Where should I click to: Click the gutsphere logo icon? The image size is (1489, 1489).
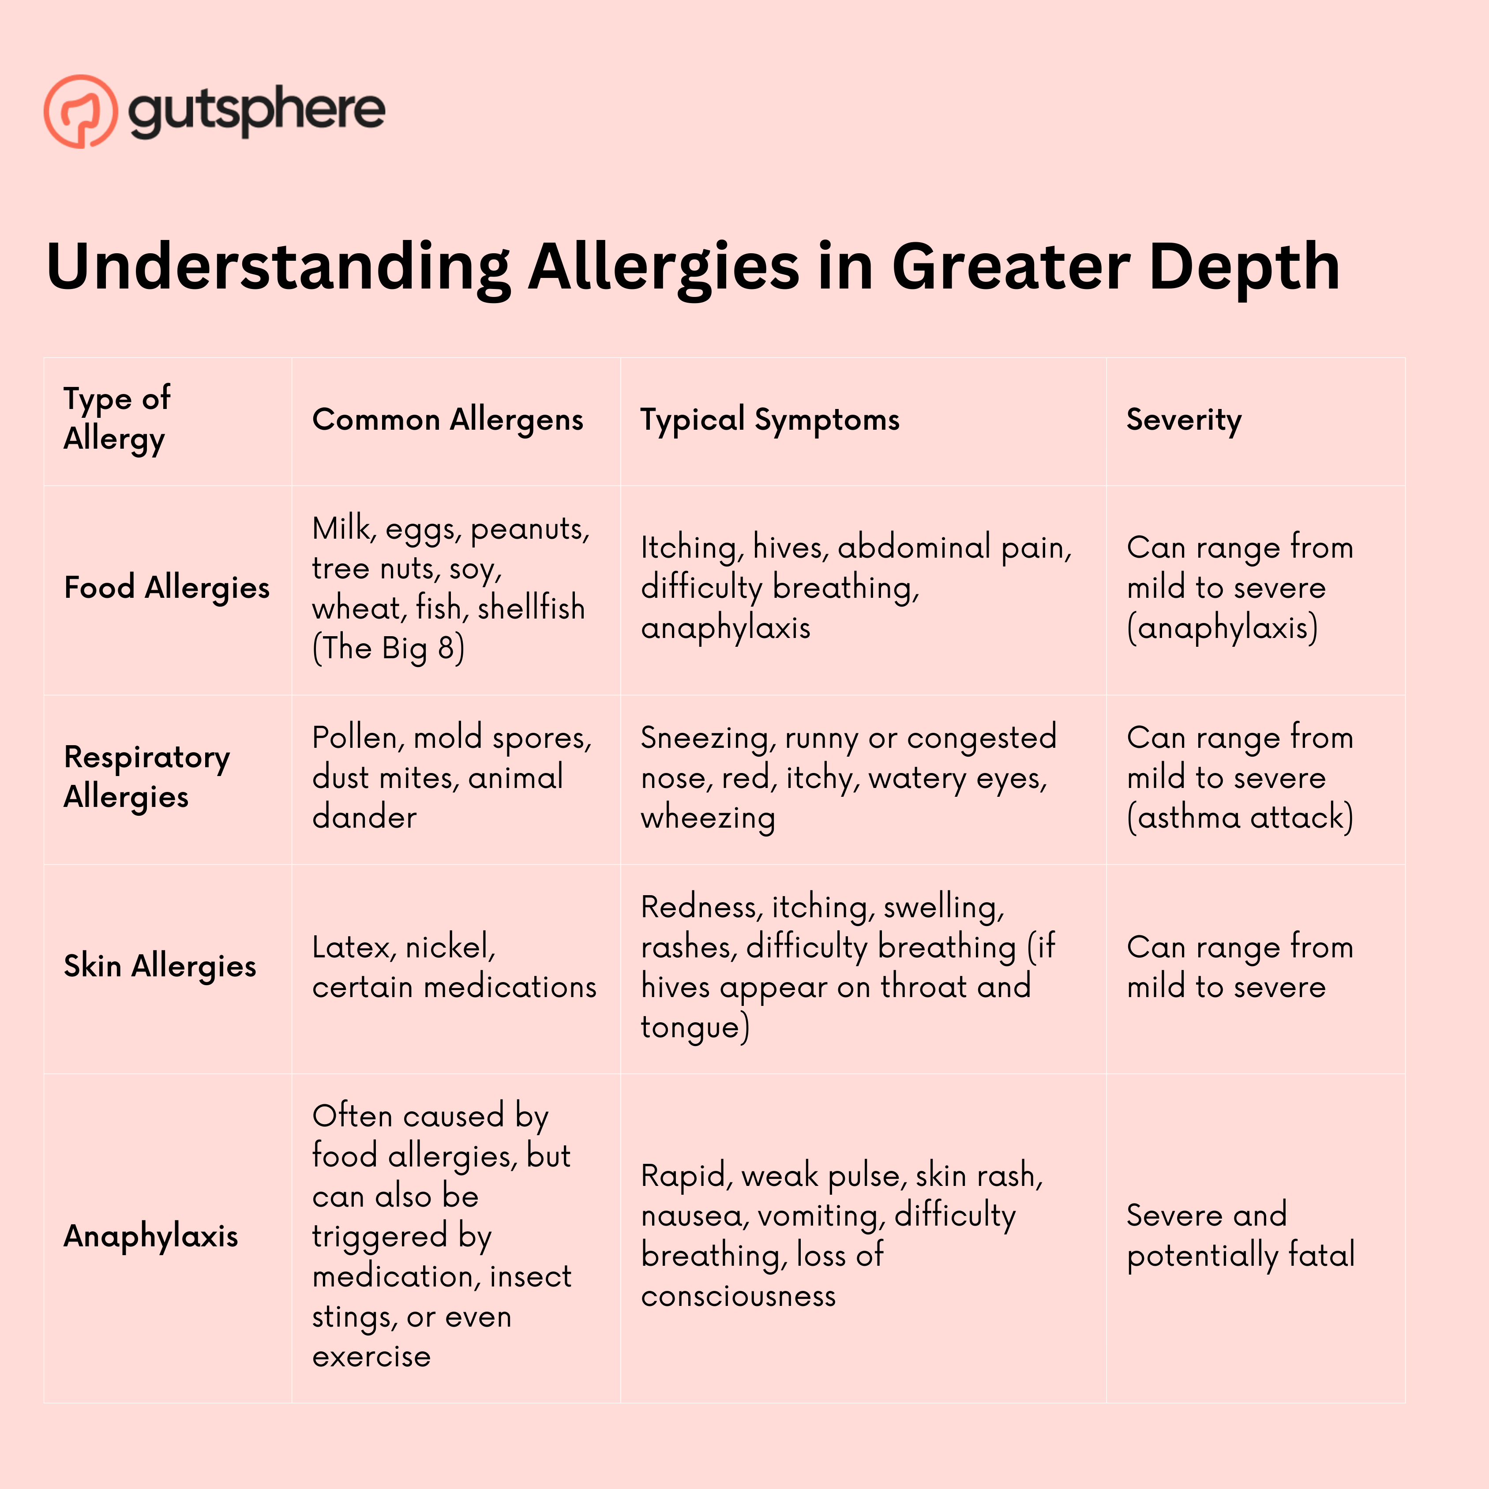81,111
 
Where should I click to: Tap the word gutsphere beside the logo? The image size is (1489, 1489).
257,111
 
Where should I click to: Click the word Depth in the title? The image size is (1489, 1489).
1244,266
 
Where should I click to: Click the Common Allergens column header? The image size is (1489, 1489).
447,420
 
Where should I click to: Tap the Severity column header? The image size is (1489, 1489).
1184,420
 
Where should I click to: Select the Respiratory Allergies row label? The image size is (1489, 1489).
146,777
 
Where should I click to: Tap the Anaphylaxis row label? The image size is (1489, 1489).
151,1236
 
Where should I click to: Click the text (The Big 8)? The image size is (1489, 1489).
388,648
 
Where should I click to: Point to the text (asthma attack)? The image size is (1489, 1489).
1239,818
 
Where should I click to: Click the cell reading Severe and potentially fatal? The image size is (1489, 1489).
1240,1235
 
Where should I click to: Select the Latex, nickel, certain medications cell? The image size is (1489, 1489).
454,967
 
